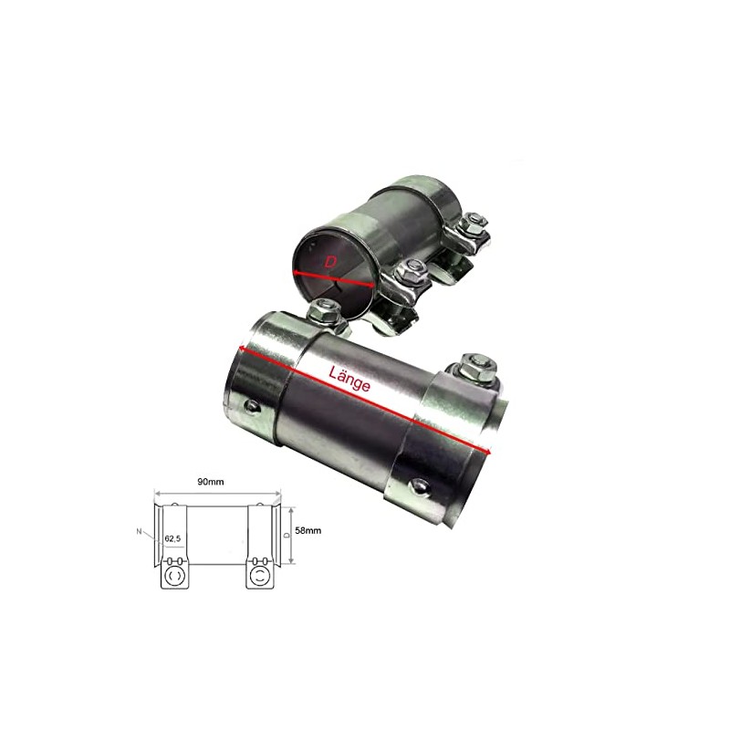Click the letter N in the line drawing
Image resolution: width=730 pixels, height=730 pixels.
tap(138, 531)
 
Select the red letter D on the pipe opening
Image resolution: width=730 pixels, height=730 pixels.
tap(331, 262)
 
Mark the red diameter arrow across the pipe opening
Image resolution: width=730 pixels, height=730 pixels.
tap(334, 273)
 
